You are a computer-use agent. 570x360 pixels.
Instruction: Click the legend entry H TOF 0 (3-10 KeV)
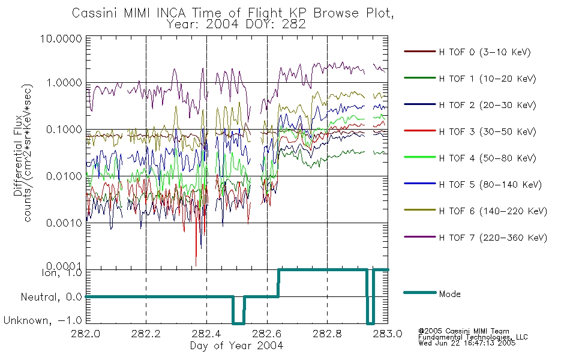[x=485, y=52]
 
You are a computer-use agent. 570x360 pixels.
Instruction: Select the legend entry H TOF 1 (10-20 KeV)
[x=487, y=79]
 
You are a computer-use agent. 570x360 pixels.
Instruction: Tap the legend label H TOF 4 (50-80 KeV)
[x=487, y=158]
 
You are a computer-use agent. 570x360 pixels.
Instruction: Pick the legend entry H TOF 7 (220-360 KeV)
[x=493, y=238]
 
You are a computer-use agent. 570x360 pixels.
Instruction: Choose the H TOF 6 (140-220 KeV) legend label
[x=493, y=211]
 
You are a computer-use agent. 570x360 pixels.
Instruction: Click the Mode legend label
[x=449, y=294]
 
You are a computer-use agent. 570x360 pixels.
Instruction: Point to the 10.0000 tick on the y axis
[x=61, y=38]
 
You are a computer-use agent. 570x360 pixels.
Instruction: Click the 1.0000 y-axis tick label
[x=64, y=83]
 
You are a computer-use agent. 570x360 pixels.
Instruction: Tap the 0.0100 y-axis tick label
[x=64, y=176]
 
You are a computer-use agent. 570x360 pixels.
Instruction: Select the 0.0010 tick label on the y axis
[x=64, y=223]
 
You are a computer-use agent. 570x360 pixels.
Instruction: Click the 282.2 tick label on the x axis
[x=146, y=334]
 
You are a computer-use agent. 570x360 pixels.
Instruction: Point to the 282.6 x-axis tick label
[x=267, y=334]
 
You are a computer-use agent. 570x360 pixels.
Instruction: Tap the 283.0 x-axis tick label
[x=388, y=334]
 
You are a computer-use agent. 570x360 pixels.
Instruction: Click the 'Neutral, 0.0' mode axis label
[x=52, y=298]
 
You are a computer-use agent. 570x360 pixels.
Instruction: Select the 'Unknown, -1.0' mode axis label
[x=43, y=321]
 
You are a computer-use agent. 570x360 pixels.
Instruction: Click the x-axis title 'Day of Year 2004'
[x=236, y=346]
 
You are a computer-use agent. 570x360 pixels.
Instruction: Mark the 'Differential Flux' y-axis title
[x=18, y=157]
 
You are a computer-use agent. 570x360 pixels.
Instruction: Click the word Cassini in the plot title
[x=95, y=13]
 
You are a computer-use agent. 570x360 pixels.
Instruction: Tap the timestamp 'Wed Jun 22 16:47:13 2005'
[x=467, y=343]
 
